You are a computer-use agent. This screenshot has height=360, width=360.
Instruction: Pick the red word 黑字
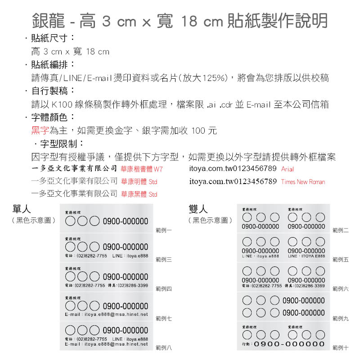tap(40, 131)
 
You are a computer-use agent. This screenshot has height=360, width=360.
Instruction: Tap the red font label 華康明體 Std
tap(139, 182)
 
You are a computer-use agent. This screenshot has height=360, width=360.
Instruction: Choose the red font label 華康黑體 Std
tap(139, 194)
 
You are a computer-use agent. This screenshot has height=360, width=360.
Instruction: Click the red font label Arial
tap(287, 170)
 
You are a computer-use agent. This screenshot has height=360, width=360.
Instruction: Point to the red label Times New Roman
tap(303, 182)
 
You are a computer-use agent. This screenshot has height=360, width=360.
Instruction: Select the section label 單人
tap(22, 209)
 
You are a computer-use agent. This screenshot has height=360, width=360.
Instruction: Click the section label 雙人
tap(198, 209)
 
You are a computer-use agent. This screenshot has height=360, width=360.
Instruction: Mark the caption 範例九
tap(340, 318)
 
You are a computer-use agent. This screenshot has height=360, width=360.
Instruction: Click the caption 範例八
tap(163, 347)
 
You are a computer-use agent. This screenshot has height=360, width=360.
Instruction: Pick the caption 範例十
tap(340, 347)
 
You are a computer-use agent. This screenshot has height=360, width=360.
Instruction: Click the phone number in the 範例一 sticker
tap(126, 221)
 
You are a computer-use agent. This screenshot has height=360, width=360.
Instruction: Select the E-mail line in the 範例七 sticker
tap(106, 314)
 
